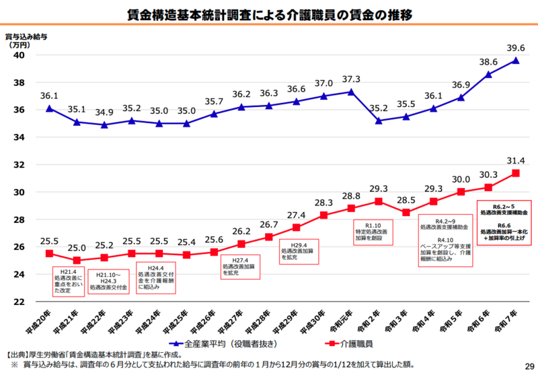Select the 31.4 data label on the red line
click(x=515, y=160)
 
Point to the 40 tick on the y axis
click(x=20, y=55)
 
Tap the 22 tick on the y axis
click(x=20, y=302)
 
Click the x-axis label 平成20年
click(x=41, y=323)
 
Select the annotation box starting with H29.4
click(x=297, y=252)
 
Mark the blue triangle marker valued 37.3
click(x=351, y=92)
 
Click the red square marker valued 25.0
click(x=77, y=260)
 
